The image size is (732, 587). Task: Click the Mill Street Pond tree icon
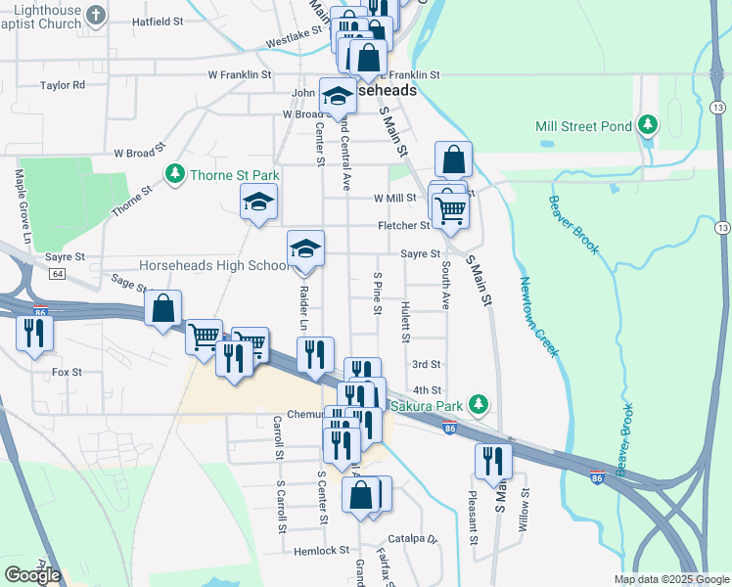coord(647,125)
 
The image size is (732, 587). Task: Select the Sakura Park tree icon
coord(478,404)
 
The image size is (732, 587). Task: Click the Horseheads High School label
coord(213,265)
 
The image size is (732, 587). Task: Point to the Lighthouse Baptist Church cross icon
coord(95,15)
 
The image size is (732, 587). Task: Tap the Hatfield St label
coord(160,21)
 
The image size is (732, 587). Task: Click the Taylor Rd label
coord(63,85)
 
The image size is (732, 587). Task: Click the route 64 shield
coord(58,274)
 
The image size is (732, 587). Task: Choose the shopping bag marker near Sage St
coord(163,308)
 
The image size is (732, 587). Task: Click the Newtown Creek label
coord(538,316)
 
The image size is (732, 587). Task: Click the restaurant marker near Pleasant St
coord(493,461)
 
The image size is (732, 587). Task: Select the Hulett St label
coord(405,321)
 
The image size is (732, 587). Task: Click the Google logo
coord(32,575)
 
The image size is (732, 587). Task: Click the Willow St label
coord(525,510)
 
